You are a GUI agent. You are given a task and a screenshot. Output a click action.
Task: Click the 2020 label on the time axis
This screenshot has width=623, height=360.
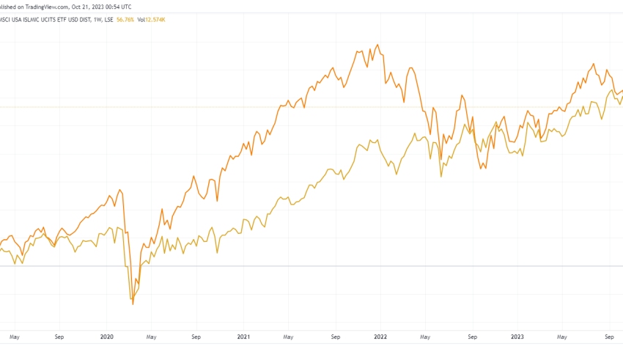coord(107,337)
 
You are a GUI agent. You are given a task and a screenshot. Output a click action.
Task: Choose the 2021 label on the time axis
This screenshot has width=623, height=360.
coord(244,337)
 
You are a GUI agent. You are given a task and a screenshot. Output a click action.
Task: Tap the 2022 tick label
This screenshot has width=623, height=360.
coord(380,337)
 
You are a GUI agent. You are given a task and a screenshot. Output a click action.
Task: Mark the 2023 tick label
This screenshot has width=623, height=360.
coord(517,337)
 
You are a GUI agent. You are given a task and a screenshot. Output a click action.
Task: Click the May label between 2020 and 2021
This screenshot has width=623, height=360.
coord(151,337)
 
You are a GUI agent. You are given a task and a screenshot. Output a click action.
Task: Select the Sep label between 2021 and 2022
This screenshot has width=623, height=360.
coord(335,337)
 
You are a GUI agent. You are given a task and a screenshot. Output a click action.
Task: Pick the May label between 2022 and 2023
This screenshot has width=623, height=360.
coord(424,337)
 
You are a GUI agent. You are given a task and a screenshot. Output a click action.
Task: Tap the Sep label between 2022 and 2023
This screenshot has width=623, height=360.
coord(472,337)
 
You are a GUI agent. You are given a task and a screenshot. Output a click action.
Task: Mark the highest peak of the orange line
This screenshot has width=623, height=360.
coord(377,45)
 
